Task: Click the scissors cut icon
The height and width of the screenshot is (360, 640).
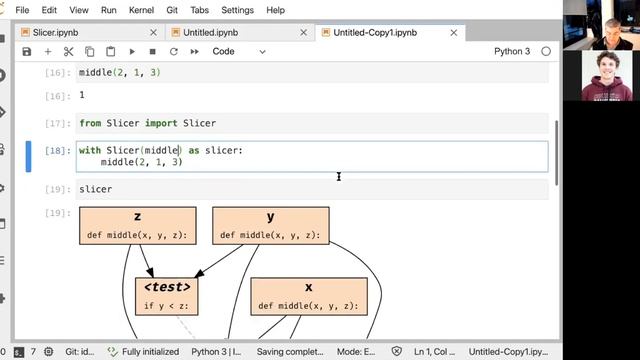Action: pos(69,51)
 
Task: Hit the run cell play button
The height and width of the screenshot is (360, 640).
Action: pos(131,51)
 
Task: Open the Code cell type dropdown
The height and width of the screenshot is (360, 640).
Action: pos(239,51)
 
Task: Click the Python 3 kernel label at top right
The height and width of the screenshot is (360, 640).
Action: pos(512,51)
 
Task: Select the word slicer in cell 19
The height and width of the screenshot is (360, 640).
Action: pos(96,189)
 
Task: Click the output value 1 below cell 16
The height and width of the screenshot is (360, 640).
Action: pos(81,95)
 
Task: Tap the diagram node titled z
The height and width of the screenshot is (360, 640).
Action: pos(137,225)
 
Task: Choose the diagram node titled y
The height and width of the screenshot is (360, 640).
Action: pos(270,225)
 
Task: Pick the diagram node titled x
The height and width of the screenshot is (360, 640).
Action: pos(308,295)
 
